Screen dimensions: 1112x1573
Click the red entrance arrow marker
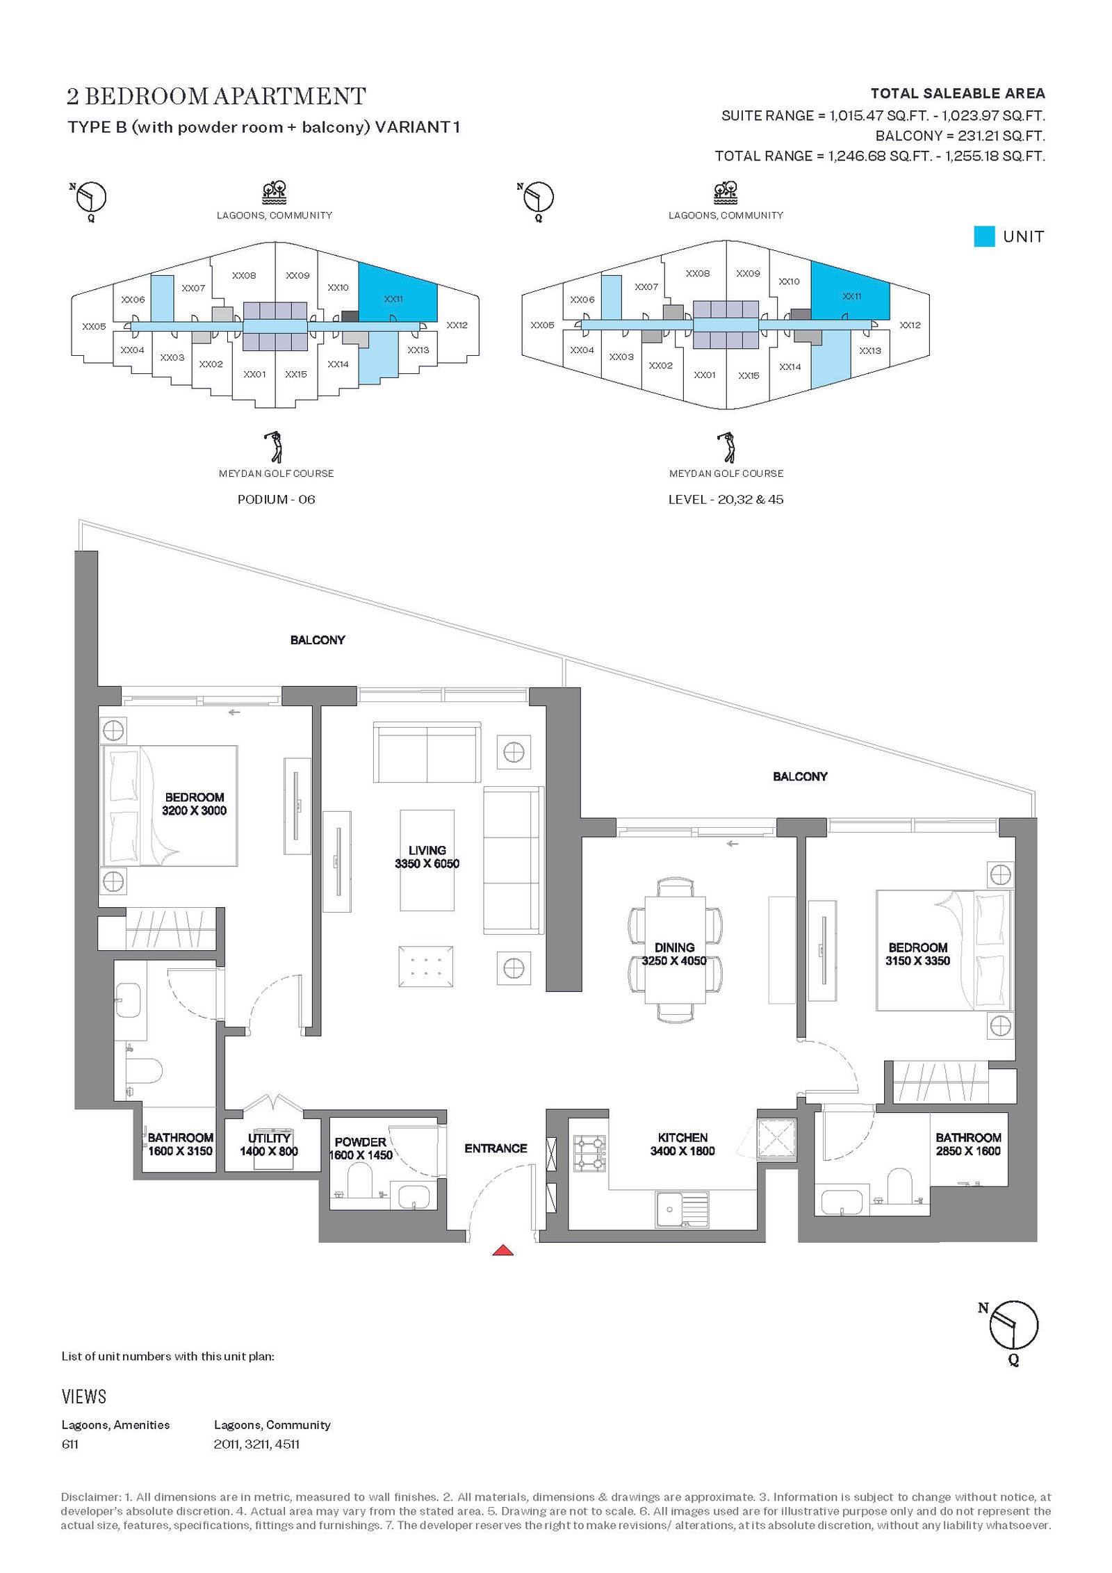pos(502,1250)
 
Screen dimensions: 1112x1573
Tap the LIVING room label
pos(427,850)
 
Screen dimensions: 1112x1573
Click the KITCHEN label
pos(682,1137)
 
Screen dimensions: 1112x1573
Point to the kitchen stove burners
pos(589,1153)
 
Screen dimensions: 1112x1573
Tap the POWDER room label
pos(360,1142)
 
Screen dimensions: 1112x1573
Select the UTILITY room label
pos(269,1138)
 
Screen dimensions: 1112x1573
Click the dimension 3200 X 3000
pos(195,810)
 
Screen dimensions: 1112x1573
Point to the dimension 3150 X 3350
pos(917,961)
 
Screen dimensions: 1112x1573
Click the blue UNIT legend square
pos(984,236)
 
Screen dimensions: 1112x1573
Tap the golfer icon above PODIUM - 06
pos(275,447)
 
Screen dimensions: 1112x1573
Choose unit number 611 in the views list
pos(70,1444)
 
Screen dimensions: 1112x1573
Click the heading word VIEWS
pos(84,1396)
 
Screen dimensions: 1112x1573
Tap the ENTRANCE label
pos(496,1148)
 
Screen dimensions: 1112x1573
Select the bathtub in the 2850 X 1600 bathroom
pos(842,1201)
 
